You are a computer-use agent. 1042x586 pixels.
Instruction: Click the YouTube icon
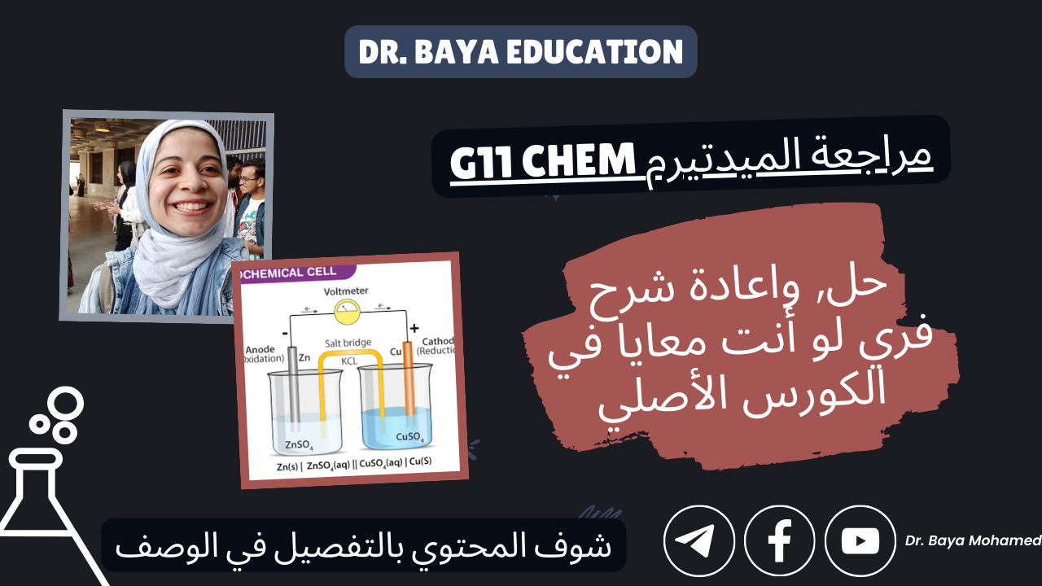[x=860, y=541]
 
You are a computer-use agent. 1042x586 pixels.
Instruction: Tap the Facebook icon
[x=780, y=541]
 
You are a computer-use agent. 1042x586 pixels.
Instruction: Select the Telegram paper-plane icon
[x=699, y=541]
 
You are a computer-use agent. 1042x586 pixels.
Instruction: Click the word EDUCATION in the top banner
[x=594, y=51]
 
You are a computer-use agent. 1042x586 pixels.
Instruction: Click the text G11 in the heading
[x=481, y=161]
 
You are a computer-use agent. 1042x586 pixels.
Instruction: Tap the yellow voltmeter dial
[x=347, y=312]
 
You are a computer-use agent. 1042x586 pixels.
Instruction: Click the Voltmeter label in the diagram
[x=346, y=291]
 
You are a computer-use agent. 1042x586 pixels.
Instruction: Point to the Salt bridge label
[x=348, y=343]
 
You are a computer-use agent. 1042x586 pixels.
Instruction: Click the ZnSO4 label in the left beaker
[x=299, y=445]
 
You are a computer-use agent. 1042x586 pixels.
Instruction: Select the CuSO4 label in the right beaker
[x=409, y=437]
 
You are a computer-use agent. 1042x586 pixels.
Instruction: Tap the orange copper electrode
[x=408, y=378]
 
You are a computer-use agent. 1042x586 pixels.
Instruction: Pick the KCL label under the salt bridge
[x=349, y=361]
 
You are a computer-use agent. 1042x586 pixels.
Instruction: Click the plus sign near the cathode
[x=414, y=328]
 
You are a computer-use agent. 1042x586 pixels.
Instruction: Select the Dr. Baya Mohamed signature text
[x=973, y=540]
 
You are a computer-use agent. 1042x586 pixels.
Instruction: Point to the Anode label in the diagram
[x=260, y=349]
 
